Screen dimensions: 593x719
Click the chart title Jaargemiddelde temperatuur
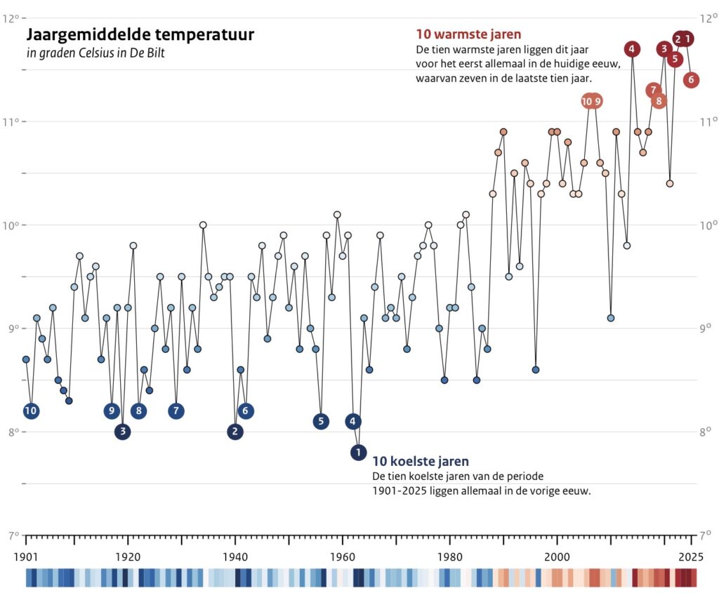pyautogui.click(x=140, y=34)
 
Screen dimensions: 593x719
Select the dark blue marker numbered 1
pyautogui.click(x=358, y=453)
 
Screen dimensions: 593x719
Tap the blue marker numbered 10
pyautogui.click(x=31, y=411)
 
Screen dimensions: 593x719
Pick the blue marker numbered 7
pyautogui.click(x=176, y=411)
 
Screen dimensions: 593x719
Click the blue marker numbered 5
pyautogui.click(x=321, y=421)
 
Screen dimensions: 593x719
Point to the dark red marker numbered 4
pyautogui.click(x=632, y=49)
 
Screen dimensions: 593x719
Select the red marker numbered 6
pyautogui.click(x=691, y=79)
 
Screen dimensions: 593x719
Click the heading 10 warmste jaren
pyautogui.click(x=468, y=34)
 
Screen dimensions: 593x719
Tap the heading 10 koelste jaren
pyautogui.click(x=421, y=461)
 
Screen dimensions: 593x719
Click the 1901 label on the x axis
pyautogui.click(x=26, y=557)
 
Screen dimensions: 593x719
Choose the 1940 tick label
pyautogui.click(x=235, y=557)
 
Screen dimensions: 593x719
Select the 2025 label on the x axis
pyautogui.click(x=691, y=557)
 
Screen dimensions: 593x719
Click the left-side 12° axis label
pyautogui.click(x=11, y=18)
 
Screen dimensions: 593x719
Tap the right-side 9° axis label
pyautogui.click(x=707, y=328)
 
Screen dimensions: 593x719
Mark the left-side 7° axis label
pyautogui.click(x=11, y=536)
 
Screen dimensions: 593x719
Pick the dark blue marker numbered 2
pyautogui.click(x=235, y=432)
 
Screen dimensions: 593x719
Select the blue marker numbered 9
pyautogui.click(x=112, y=411)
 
